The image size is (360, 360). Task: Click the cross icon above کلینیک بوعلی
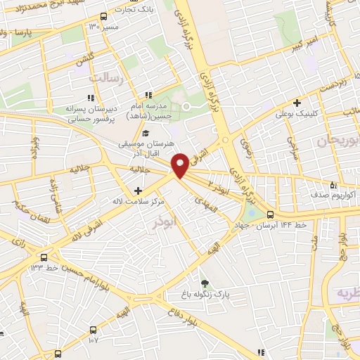[297, 103]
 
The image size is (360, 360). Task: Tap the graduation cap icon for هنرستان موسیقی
[145, 134]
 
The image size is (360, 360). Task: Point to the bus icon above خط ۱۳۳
[44, 257]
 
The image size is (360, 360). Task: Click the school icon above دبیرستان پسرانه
[90, 98]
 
